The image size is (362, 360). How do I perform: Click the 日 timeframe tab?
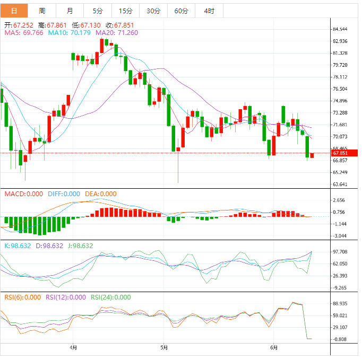click(14, 11)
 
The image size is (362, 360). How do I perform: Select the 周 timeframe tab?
click(42, 11)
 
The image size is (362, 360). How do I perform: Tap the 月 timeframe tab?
click(70, 11)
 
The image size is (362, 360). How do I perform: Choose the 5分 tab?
click(98, 11)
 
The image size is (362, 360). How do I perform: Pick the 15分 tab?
click(126, 11)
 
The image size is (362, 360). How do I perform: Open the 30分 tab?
click(153, 11)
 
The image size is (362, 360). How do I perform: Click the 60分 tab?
click(181, 11)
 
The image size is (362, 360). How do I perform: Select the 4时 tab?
click(209, 11)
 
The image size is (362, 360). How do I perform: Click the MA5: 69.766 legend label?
click(24, 32)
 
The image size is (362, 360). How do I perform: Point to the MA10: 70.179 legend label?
click(68, 32)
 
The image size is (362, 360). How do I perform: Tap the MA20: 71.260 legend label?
click(116, 32)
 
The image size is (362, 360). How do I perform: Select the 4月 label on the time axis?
click(73, 348)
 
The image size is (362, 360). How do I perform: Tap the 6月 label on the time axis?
click(274, 348)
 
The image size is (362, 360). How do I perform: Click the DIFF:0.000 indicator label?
click(64, 194)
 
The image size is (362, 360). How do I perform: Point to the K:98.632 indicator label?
click(18, 245)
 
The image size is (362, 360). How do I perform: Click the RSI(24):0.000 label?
click(111, 297)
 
